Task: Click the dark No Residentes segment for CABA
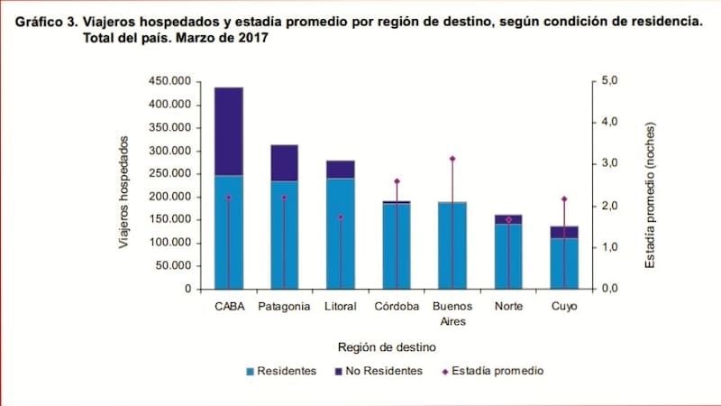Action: click(x=228, y=131)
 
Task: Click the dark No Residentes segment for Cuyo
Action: click(x=564, y=232)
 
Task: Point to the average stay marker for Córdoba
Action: click(x=397, y=181)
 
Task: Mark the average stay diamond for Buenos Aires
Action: click(x=452, y=159)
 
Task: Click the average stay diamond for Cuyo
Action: click(x=564, y=198)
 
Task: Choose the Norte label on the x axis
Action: click(x=508, y=307)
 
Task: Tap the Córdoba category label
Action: click(x=397, y=307)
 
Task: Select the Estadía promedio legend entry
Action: click(x=497, y=371)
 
